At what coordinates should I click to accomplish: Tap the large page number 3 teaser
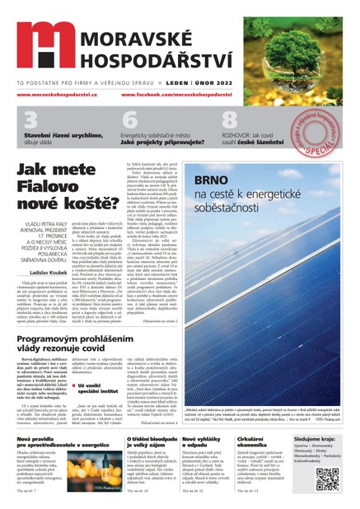click(30, 120)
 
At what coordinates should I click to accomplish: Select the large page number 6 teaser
click(129, 120)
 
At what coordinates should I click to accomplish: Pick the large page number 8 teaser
click(229, 120)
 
